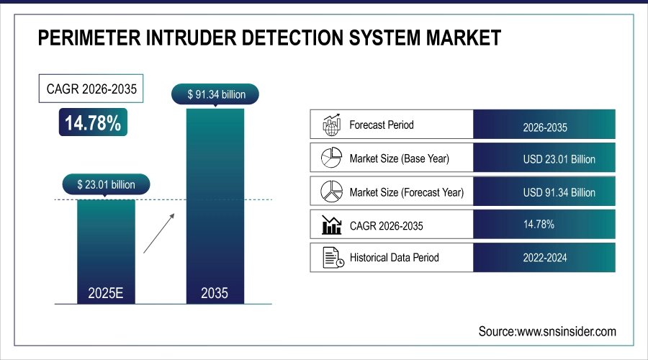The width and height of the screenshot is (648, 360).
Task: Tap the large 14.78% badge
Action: coord(93,123)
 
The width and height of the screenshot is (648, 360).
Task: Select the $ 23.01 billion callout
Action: coord(106,184)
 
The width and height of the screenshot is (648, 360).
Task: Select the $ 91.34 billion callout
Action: coord(215,94)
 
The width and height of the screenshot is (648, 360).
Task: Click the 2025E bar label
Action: coord(106,293)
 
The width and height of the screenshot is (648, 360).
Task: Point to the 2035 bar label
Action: coord(215,293)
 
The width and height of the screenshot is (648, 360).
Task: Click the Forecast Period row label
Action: coord(382,125)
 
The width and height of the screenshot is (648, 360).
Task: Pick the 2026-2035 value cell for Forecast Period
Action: coord(545,127)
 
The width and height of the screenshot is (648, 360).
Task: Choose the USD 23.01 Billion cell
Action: coord(559,159)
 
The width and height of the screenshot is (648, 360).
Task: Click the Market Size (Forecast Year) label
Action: coord(406,192)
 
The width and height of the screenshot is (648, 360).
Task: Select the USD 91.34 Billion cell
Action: coord(559,193)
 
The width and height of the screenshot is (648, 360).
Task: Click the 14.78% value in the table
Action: coord(539,225)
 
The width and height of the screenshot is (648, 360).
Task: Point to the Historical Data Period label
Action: coord(394,257)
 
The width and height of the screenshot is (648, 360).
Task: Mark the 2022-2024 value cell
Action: coord(545,258)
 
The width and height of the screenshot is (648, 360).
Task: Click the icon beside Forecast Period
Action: coord(330,125)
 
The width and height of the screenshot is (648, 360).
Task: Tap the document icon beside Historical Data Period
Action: coord(330,257)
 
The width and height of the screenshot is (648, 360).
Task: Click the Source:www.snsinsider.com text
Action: coord(547,331)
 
